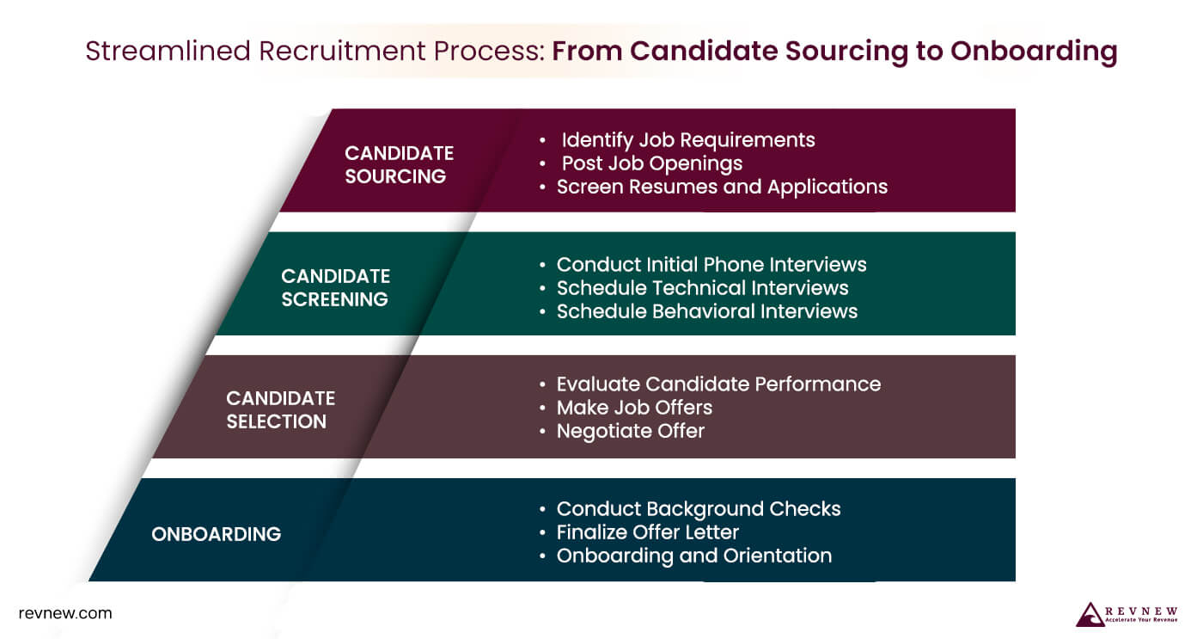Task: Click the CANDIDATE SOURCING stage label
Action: tap(399, 164)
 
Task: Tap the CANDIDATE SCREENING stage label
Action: tap(335, 287)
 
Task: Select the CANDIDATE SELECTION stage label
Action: tap(280, 409)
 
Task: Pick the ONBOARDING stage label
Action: tap(216, 534)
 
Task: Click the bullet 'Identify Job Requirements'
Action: tap(687, 139)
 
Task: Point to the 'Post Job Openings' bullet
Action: tap(651, 163)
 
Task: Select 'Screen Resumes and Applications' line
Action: tap(722, 186)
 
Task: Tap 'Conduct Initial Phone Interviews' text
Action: tap(711, 264)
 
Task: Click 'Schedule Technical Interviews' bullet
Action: tap(702, 287)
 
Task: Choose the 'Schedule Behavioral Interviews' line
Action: tap(706, 310)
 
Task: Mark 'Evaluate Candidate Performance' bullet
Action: tap(718, 384)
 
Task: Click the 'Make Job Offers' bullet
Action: tap(634, 407)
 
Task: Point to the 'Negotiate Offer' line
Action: tap(630, 430)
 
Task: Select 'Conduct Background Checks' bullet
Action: tap(698, 508)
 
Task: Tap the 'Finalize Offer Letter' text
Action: tap(647, 531)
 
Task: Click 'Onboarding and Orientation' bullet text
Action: tap(693, 555)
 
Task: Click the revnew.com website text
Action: tap(65, 613)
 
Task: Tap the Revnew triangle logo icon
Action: tap(1090, 614)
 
